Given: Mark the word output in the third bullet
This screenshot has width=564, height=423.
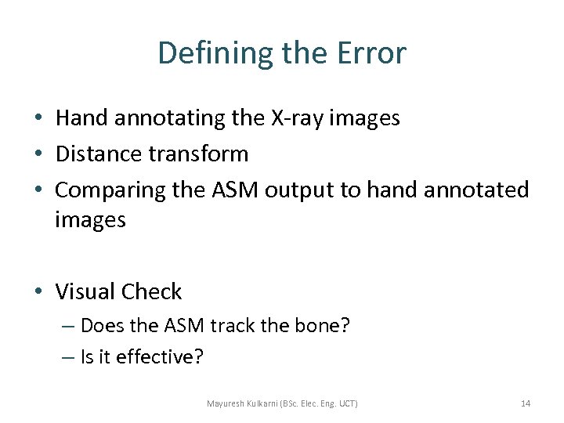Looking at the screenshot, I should tap(302, 190).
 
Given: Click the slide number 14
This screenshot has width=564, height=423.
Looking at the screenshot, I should tap(526, 403).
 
